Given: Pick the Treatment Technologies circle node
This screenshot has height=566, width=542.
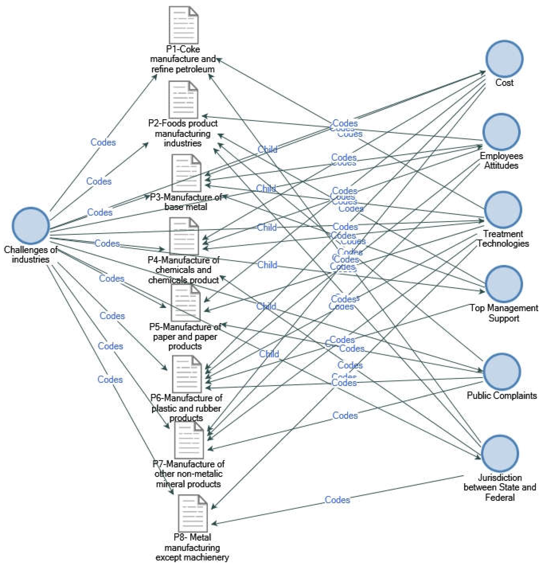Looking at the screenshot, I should [x=503, y=210].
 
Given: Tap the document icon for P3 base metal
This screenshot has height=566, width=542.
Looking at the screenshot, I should [x=186, y=173].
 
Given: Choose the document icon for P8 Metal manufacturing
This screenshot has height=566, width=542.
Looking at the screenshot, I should [x=192, y=513].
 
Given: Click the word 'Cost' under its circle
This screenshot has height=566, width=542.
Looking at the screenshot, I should [x=504, y=83].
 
